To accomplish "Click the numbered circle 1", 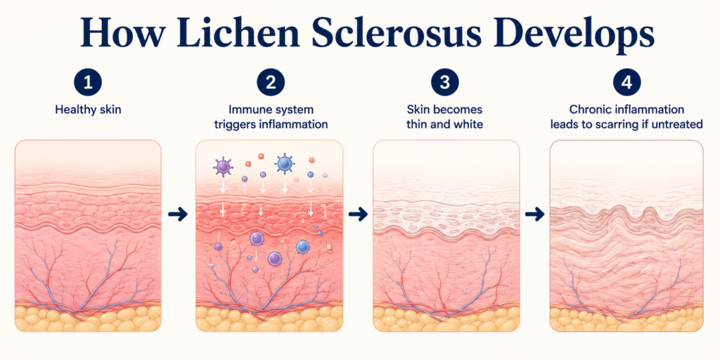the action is click(88, 84).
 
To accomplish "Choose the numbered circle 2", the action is click(271, 84).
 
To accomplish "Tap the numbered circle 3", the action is click(444, 84).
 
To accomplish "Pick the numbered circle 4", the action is click(626, 84).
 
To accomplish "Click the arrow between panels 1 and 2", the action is click(178, 214).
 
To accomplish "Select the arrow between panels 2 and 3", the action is click(358, 214).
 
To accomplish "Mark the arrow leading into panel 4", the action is click(534, 214).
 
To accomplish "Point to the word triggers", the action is click(238, 124).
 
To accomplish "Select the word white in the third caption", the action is click(469, 124).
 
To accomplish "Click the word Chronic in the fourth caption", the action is click(589, 110).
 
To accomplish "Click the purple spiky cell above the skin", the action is click(223, 166).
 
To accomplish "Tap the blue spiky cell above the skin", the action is click(284, 163).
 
